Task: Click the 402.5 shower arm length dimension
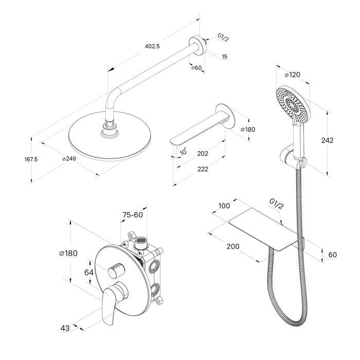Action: (x=152, y=46)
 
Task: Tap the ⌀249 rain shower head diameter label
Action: (x=69, y=158)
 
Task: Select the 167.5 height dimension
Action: (x=31, y=159)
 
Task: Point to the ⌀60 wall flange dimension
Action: (x=196, y=68)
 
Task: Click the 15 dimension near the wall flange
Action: (x=225, y=56)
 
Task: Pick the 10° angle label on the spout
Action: (x=183, y=152)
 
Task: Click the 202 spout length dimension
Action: (x=203, y=153)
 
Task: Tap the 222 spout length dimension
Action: (x=203, y=169)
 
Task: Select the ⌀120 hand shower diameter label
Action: (x=292, y=75)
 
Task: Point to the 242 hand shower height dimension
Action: (x=327, y=140)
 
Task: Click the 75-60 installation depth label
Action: (x=133, y=215)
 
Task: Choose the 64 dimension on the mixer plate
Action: (x=89, y=273)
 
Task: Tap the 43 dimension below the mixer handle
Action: (x=65, y=328)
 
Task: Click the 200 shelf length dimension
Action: (x=233, y=246)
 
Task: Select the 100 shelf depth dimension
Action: (x=224, y=206)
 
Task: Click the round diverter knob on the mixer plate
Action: (x=116, y=269)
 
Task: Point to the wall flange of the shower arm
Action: (x=197, y=45)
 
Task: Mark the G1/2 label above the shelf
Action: (x=277, y=204)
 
